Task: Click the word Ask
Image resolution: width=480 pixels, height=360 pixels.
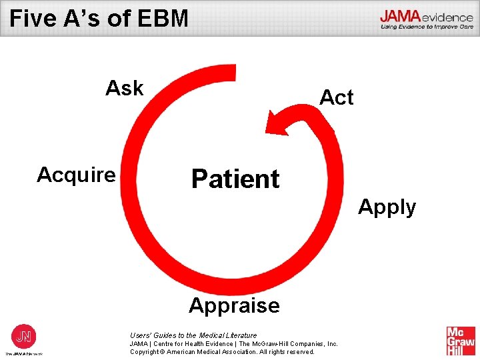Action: (x=125, y=88)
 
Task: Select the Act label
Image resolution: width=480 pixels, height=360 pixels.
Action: (x=337, y=97)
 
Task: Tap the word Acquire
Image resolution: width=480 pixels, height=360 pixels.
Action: (x=76, y=175)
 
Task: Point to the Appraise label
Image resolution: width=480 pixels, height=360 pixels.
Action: (x=234, y=305)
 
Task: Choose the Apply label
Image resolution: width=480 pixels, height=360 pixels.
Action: (x=387, y=207)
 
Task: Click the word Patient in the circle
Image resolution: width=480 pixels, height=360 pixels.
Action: (x=235, y=179)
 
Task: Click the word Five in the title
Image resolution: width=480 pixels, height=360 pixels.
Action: (x=31, y=18)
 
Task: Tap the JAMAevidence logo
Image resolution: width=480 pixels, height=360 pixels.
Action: (x=426, y=17)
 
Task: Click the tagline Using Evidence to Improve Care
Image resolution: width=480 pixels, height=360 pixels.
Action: (x=426, y=27)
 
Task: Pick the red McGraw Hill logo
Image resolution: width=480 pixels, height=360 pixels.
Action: (x=461, y=341)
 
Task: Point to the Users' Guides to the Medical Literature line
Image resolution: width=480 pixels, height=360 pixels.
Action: (x=193, y=335)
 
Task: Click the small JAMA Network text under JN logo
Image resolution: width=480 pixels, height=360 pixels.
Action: (x=24, y=353)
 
